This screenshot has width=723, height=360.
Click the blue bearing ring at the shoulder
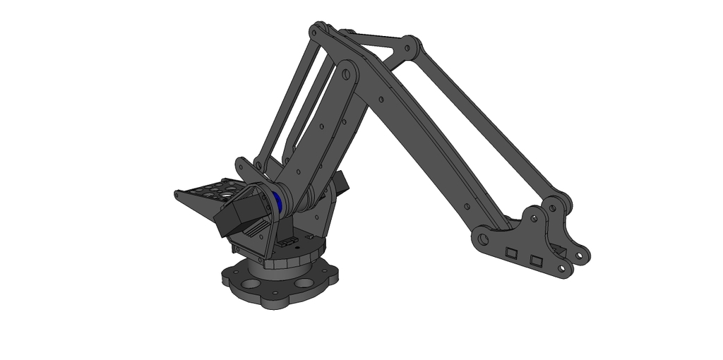click(x=280, y=201)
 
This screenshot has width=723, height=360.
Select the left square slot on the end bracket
click(x=512, y=251)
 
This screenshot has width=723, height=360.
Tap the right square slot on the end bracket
click(x=537, y=262)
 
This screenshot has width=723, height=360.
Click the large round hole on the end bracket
click(x=482, y=239)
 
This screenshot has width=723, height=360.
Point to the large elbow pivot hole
click(x=346, y=73)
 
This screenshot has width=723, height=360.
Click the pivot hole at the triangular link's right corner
click(x=407, y=49)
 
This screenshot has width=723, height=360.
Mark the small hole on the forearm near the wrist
click(x=467, y=205)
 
